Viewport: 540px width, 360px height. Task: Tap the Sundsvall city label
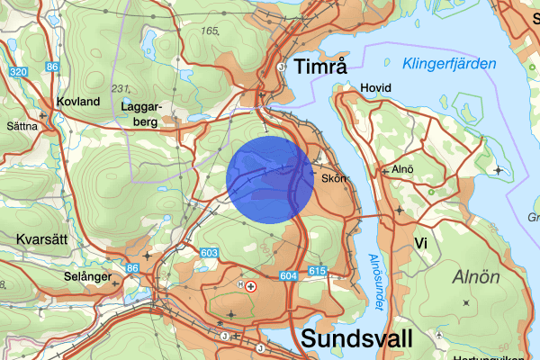[357, 338]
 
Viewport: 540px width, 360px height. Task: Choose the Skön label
[331, 178]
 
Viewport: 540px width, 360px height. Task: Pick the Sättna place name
[22, 126]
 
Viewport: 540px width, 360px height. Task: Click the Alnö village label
[402, 169]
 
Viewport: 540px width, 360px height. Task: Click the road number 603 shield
[210, 255]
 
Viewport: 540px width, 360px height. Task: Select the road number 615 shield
[316, 271]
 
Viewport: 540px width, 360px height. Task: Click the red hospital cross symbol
[251, 286]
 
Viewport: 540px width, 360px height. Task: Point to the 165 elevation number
[211, 31]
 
